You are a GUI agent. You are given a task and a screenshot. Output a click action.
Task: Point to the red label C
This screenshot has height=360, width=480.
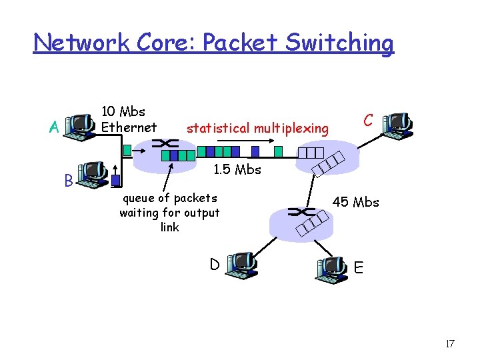(x=367, y=120)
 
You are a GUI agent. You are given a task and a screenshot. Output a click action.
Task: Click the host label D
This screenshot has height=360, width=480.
(x=215, y=265)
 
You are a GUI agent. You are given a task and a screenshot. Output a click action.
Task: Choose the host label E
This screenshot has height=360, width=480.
(x=359, y=268)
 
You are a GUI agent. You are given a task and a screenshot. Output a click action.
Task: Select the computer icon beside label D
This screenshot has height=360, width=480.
(x=241, y=265)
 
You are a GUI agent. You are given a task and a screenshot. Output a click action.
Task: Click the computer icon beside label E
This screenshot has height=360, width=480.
(x=331, y=267)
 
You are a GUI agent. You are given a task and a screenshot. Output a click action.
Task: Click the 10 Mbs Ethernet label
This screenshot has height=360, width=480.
(x=129, y=119)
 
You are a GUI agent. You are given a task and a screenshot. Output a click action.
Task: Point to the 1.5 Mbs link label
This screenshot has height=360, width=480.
(x=237, y=169)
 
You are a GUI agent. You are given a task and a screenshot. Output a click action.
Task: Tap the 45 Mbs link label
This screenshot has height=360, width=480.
(x=356, y=202)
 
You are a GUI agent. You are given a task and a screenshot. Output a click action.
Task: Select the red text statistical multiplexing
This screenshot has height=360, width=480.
(x=257, y=127)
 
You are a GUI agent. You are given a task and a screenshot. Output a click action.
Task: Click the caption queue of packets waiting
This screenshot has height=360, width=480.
(x=169, y=212)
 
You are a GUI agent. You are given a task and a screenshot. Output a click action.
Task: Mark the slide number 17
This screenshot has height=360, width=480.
(x=449, y=344)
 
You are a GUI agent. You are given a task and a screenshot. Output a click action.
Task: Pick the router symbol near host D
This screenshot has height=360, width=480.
(x=297, y=213)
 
